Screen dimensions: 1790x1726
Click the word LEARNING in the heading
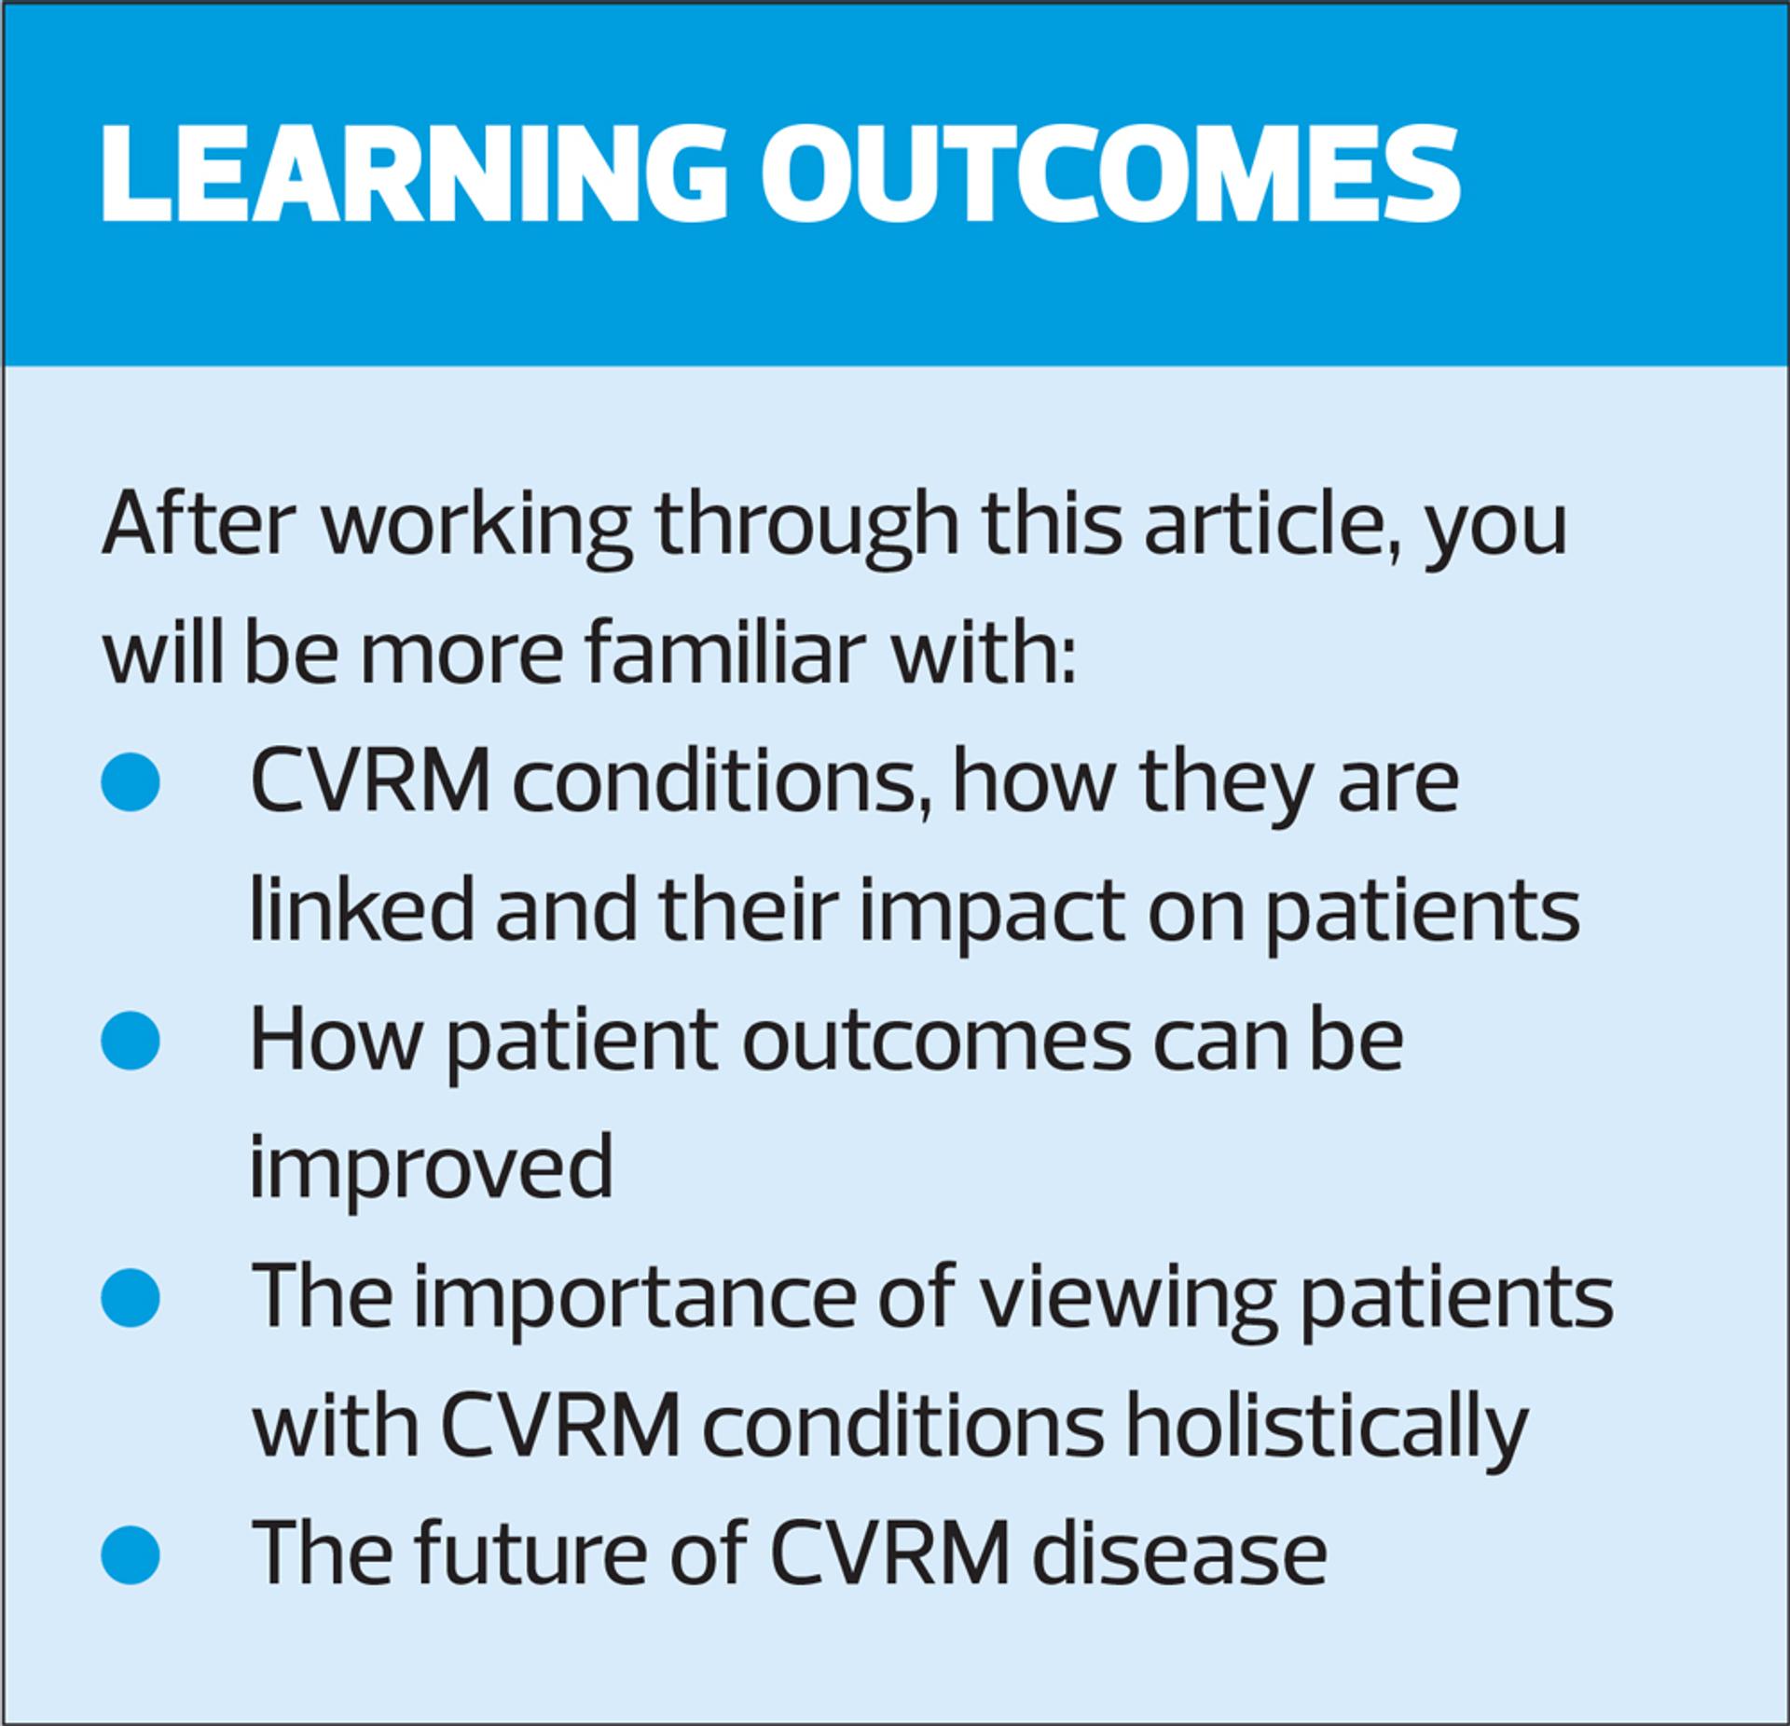click(411, 173)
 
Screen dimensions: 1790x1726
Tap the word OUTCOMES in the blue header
click(1109, 173)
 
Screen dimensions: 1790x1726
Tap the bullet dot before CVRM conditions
click(131, 781)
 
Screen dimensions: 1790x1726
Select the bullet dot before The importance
click(131, 1296)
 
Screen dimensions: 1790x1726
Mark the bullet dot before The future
click(131, 1553)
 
